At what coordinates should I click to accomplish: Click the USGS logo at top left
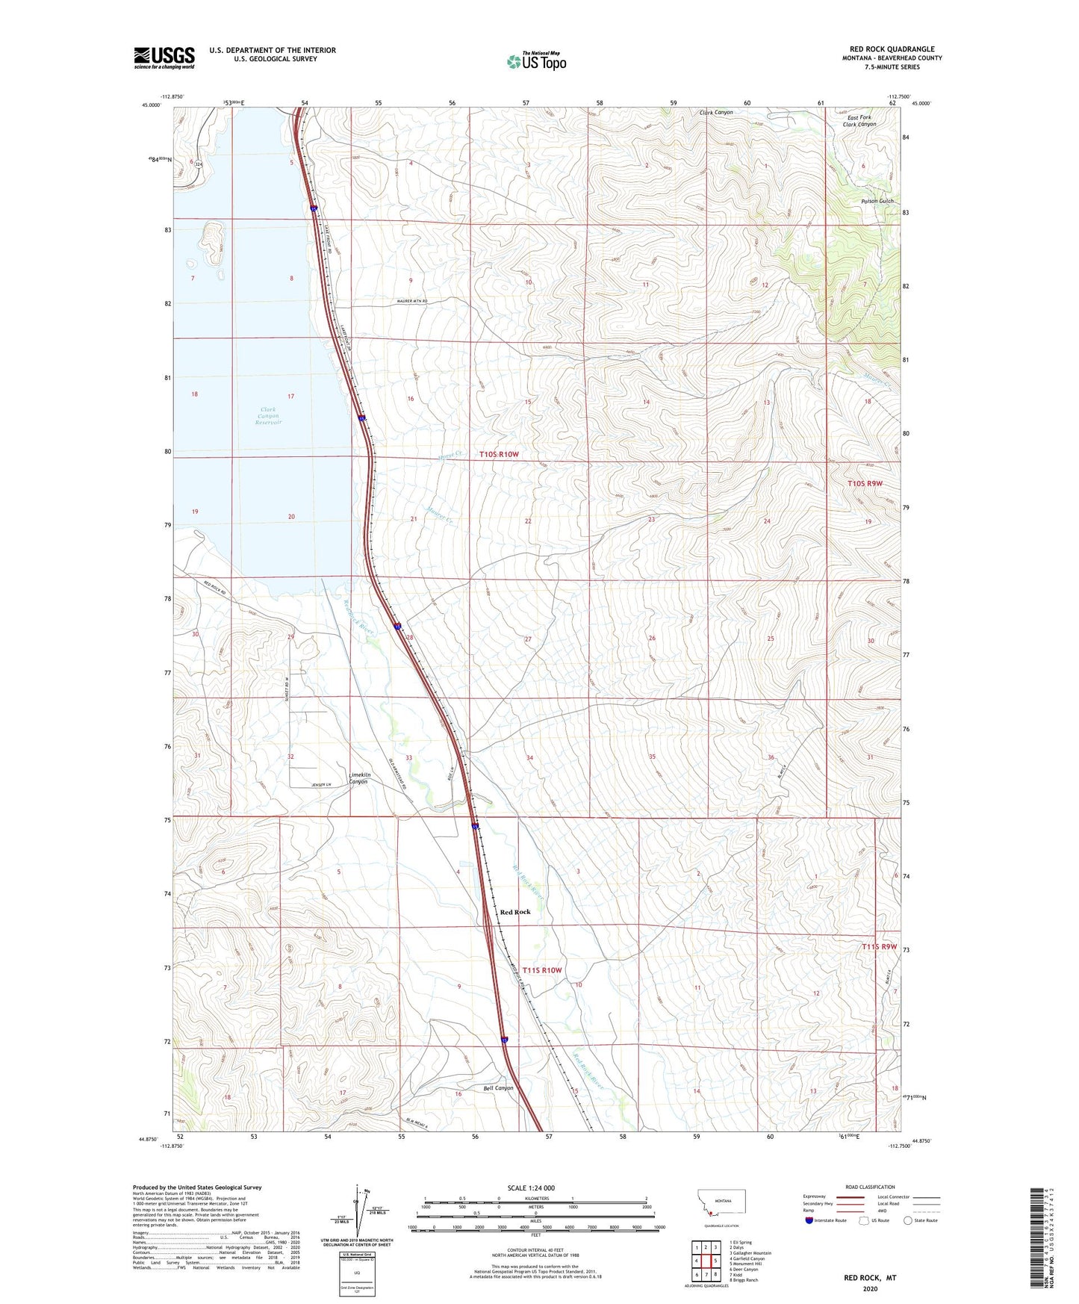click(164, 58)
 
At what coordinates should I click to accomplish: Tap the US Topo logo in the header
click(537, 61)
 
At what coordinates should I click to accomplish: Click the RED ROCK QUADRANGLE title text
click(892, 49)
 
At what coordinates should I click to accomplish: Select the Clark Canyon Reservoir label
click(268, 416)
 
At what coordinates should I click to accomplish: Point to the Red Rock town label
click(515, 912)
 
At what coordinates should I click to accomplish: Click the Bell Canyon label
click(499, 1088)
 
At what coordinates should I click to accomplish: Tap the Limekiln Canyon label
click(361, 778)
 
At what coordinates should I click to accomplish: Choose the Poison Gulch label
click(877, 202)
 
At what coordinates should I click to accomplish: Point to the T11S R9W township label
click(879, 947)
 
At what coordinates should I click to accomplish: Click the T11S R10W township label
click(542, 970)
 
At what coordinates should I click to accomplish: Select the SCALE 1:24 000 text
click(531, 1187)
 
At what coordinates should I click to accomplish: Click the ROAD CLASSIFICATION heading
click(871, 1187)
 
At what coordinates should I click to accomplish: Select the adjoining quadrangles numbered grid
click(705, 1262)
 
